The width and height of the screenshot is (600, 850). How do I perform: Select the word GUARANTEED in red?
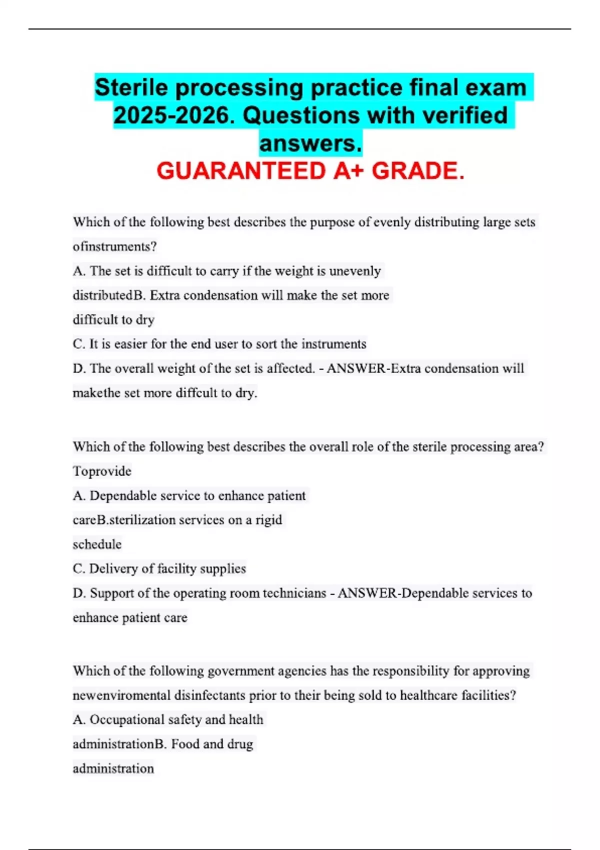241,171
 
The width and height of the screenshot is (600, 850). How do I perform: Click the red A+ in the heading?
349,171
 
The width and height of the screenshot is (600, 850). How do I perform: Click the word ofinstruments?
115,246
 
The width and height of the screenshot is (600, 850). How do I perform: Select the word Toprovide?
102,471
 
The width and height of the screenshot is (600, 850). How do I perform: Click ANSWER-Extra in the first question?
373,368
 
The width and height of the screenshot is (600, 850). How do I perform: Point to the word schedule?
97,544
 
